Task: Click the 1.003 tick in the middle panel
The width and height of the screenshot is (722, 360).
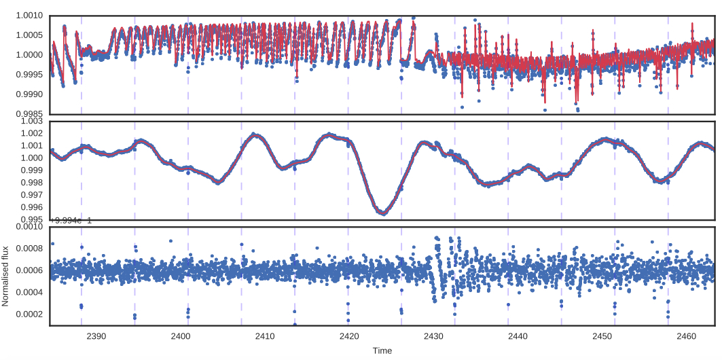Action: pos(33,122)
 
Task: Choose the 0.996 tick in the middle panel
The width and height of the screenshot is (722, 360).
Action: pos(33,208)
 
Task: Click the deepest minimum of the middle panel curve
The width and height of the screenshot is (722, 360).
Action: pos(383,213)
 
